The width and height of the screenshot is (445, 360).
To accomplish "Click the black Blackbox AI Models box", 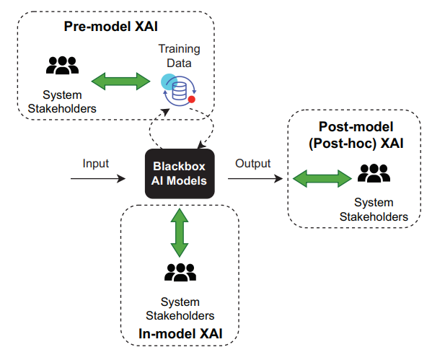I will click(179, 174).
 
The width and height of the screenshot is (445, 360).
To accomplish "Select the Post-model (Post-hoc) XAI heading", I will click(356, 135).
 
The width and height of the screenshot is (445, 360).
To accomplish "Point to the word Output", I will click(252, 163).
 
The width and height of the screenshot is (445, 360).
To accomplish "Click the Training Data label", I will click(180, 56).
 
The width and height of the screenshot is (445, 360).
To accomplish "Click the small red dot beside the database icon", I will click(192, 99).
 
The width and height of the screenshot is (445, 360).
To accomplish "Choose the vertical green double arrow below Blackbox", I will click(179, 230).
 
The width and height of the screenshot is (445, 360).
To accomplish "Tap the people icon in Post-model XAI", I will click(373, 174).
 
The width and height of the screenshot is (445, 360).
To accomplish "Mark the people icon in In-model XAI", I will click(180, 272).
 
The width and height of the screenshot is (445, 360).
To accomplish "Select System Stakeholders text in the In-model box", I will click(180, 308).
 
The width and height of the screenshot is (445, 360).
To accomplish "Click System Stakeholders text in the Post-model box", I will click(374, 209).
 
